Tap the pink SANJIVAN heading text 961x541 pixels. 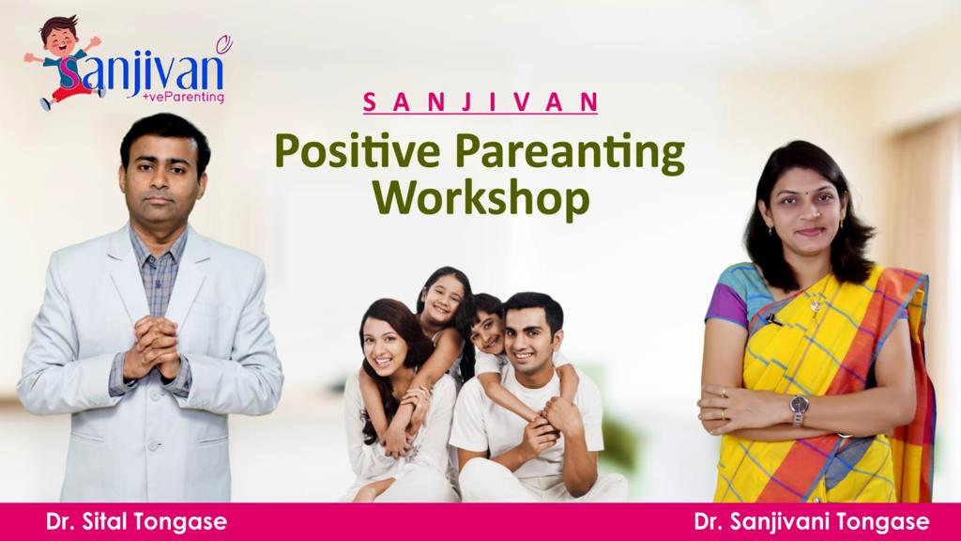point(480,102)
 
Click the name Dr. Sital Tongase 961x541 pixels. point(136,522)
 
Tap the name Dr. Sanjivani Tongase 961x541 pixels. point(812,522)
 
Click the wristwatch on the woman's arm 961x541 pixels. point(799,407)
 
